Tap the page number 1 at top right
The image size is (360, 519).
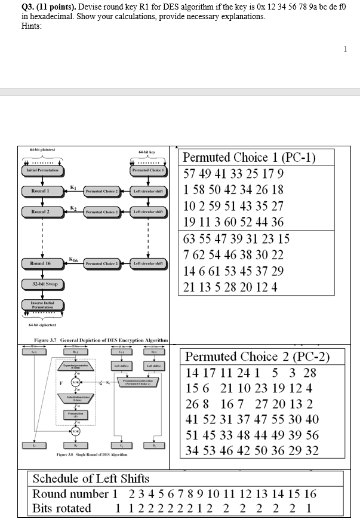[345, 50]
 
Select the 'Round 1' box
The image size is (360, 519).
[41, 191]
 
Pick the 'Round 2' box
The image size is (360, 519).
[41, 212]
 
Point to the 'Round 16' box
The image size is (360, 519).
[41, 263]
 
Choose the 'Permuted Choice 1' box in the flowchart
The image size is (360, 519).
[147, 170]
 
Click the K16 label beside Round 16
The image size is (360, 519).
[73, 259]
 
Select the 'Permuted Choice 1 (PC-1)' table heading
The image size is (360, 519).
[249, 158]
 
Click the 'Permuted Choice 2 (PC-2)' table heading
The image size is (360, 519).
[257, 357]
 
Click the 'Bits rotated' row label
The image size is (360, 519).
[61, 508]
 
